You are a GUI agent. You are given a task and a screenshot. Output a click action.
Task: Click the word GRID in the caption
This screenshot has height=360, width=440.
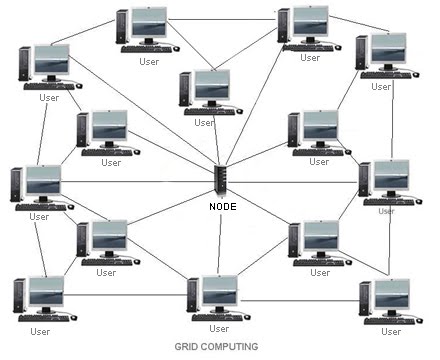tap(187, 347)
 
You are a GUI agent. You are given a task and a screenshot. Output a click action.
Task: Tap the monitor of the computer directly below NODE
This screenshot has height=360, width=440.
tap(219, 291)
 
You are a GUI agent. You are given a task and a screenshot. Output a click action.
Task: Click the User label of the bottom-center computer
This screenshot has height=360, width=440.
tap(218, 328)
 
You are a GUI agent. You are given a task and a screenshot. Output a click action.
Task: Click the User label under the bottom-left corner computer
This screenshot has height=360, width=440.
tap(40, 331)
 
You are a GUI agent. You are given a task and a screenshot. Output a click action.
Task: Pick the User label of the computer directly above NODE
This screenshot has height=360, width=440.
tap(204, 122)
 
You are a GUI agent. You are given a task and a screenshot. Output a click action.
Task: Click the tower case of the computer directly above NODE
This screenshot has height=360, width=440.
tap(185, 89)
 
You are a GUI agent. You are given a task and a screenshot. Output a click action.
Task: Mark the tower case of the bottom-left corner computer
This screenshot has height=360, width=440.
tap(17, 297)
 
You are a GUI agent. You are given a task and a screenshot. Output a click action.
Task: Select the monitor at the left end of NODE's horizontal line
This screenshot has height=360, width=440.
tap(43, 181)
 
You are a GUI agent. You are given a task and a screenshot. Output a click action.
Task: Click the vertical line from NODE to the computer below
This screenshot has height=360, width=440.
tap(221, 240)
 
